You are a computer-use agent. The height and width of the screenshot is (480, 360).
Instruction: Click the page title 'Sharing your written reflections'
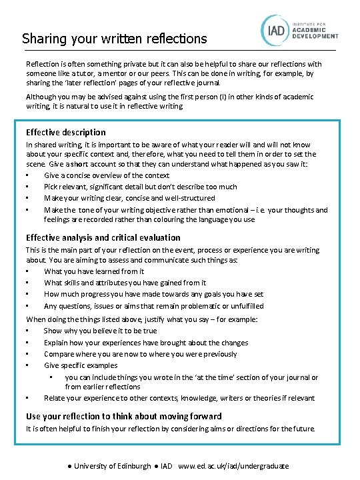(x=115, y=39)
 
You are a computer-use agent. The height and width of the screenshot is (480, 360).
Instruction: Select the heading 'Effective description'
(x=65, y=132)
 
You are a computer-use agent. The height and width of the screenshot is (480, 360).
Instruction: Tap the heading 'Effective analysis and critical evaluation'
(x=103, y=237)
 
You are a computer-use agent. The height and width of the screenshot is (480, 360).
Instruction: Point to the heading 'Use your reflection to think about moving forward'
(x=123, y=416)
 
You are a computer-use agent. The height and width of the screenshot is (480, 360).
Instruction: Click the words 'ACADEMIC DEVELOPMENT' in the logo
(x=317, y=34)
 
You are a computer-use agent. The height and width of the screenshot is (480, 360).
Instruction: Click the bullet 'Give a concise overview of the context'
(x=107, y=175)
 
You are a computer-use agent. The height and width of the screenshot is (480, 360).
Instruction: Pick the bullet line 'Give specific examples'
(x=81, y=365)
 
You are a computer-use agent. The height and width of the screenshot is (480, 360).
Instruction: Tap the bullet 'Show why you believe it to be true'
(x=101, y=331)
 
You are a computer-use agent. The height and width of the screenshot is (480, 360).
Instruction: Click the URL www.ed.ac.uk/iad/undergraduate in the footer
(x=233, y=466)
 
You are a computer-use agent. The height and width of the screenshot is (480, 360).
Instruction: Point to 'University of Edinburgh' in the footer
(x=112, y=466)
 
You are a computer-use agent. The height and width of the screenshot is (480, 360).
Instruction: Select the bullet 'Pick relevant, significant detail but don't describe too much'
(x=140, y=187)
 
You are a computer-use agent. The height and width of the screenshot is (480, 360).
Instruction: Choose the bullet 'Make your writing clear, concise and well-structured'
(x=129, y=198)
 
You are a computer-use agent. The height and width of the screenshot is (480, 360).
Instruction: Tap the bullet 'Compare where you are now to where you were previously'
(x=140, y=354)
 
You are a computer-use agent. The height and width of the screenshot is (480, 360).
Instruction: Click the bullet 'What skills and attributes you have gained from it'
(x=125, y=283)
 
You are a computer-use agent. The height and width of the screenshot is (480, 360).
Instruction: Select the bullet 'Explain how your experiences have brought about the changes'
(x=145, y=343)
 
